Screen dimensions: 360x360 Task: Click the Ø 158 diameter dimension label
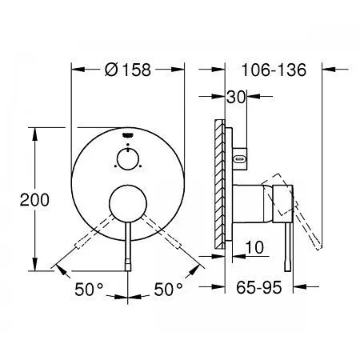[128, 70]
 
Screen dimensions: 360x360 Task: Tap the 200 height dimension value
[34, 200]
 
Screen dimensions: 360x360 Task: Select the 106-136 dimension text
[274, 70]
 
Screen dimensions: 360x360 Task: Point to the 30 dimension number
[235, 97]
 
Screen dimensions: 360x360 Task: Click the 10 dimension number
[254, 247]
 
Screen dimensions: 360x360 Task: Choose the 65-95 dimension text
[259, 287]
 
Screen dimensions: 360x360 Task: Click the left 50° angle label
[89, 290]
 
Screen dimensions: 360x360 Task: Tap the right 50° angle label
[169, 290]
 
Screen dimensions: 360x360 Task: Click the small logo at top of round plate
[128, 135]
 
